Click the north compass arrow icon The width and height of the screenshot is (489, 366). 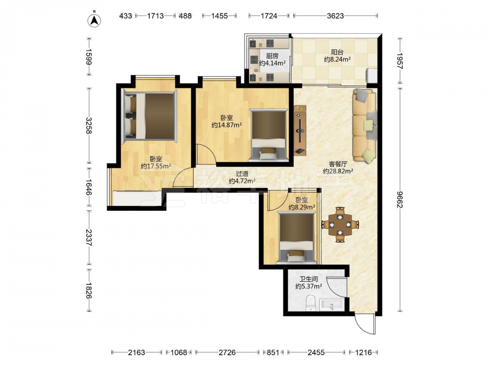(94, 20)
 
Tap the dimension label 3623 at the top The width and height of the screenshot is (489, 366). (335, 16)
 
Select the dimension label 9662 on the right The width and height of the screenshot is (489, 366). (400, 199)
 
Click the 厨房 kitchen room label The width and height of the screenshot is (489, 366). (272, 56)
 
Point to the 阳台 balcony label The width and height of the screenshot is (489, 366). (337, 52)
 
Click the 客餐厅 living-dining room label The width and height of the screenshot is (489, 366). (338, 164)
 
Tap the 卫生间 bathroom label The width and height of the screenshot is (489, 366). (309, 279)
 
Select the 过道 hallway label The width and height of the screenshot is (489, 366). (242, 174)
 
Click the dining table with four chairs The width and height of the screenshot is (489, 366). (340, 224)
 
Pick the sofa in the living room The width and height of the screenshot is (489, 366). (365, 126)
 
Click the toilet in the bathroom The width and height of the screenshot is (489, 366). (311, 303)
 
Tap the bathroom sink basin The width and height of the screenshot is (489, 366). (332, 305)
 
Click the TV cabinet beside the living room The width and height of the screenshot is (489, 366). (300, 130)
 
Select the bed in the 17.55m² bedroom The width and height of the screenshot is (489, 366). (150, 116)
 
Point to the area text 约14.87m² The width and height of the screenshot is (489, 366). (227, 125)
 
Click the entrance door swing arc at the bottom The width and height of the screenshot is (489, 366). (363, 327)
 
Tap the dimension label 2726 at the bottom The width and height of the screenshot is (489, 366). (227, 352)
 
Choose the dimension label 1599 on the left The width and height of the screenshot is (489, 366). (88, 57)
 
